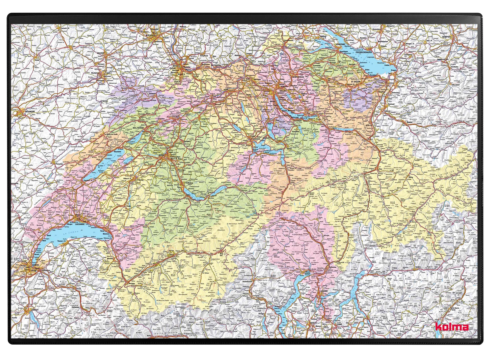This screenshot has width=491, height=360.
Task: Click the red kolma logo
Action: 452,327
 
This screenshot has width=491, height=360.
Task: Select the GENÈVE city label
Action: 36,265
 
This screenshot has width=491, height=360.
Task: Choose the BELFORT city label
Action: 101,53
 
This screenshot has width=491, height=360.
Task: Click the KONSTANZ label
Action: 340,44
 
